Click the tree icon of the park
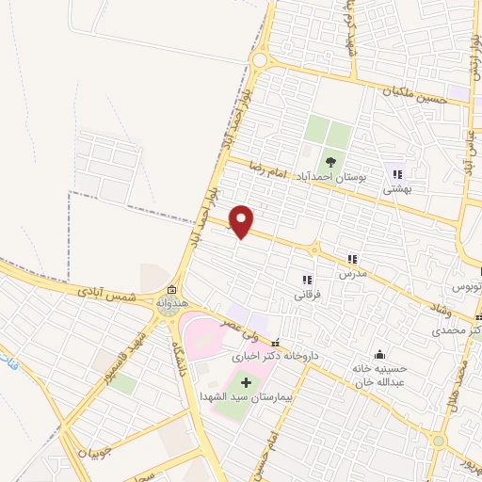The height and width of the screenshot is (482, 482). pyautogui.click(x=329, y=157)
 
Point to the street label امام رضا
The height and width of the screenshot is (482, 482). pyautogui.click(x=266, y=169)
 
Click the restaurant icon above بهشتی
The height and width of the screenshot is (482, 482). pyautogui.click(x=396, y=174)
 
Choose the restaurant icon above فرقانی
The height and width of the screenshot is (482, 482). pyautogui.click(x=306, y=280)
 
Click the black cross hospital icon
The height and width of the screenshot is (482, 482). pyautogui.click(x=248, y=383)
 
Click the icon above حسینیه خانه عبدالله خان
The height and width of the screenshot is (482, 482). pyautogui.click(x=378, y=354)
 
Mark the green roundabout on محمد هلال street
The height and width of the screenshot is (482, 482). pyautogui.click(x=438, y=440)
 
